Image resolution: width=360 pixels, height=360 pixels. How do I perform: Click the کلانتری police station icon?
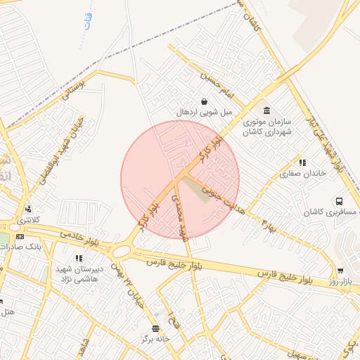pyautogui.click(x=28, y=208)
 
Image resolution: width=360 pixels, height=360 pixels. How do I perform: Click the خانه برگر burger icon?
pyautogui.click(x=155, y=328)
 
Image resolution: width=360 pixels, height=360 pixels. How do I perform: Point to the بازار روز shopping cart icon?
pyautogui.click(x=341, y=271)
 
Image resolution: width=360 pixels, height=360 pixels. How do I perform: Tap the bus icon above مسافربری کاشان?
pyautogui.click(x=340, y=200)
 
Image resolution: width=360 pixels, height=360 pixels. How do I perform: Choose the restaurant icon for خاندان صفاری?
pyautogui.click(x=302, y=163)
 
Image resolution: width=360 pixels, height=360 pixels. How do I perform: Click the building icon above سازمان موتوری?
pyautogui.click(x=266, y=110)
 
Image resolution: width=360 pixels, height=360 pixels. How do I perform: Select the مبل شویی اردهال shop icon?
pyautogui.click(x=204, y=101)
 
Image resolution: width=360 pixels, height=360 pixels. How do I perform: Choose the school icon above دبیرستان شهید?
pyautogui.click(x=79, y=259)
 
